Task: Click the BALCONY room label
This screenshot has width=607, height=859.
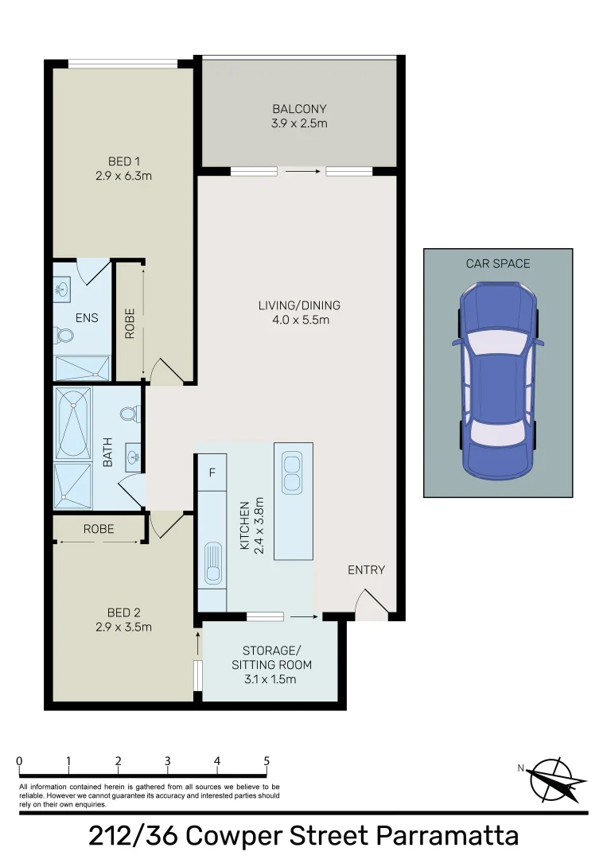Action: (299, 109)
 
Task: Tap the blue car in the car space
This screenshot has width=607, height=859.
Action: (498, 381)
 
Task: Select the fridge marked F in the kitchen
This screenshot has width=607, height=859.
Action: (212, 472)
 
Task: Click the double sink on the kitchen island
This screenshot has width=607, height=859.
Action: (292, 472)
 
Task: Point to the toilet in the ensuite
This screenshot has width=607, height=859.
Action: (64, 335)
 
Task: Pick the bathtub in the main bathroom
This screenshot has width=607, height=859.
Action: (73, 423)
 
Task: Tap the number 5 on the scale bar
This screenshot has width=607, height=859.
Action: (267, 761)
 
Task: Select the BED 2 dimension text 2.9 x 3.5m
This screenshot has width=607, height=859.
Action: (124, 628)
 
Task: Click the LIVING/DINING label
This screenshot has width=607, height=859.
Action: (300, 305)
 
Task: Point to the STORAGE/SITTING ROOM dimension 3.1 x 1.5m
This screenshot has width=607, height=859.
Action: (270, 679)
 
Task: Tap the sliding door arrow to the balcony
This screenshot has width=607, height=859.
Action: (302, 172)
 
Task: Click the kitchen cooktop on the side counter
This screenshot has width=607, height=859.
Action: (213, 562)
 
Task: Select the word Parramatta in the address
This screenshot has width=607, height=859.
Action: (448, 837)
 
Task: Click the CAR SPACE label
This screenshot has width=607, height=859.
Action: (498, 263)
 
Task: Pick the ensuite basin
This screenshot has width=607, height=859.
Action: (61, 289)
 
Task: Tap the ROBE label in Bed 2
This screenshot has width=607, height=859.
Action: (99, 529)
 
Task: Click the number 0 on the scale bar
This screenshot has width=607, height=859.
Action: (20, 761)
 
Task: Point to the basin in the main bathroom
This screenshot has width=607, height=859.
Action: (133, 456)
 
